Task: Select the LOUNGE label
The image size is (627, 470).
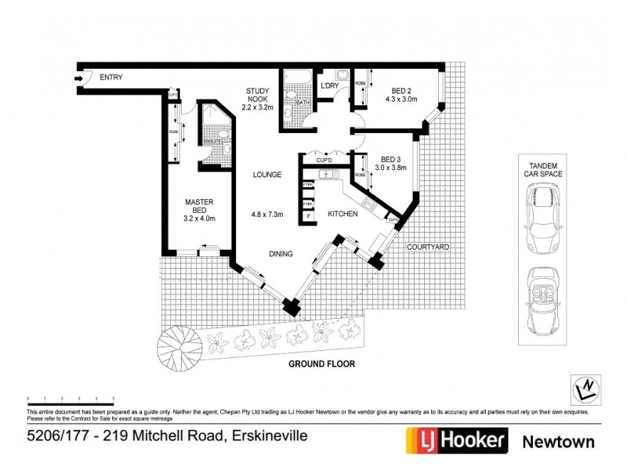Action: (266, 175)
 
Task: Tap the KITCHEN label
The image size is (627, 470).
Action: (342, 214)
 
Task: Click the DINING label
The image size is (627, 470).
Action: (280, 254)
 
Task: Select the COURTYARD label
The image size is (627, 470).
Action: (427, 247)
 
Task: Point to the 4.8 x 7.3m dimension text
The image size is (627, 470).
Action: (266, 214)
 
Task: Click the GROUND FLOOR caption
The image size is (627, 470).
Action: (322, 363)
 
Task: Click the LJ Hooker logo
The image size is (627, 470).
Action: (455, 441)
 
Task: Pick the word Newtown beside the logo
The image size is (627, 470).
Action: (558, 442)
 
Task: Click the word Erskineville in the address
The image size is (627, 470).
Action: (266, 436)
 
